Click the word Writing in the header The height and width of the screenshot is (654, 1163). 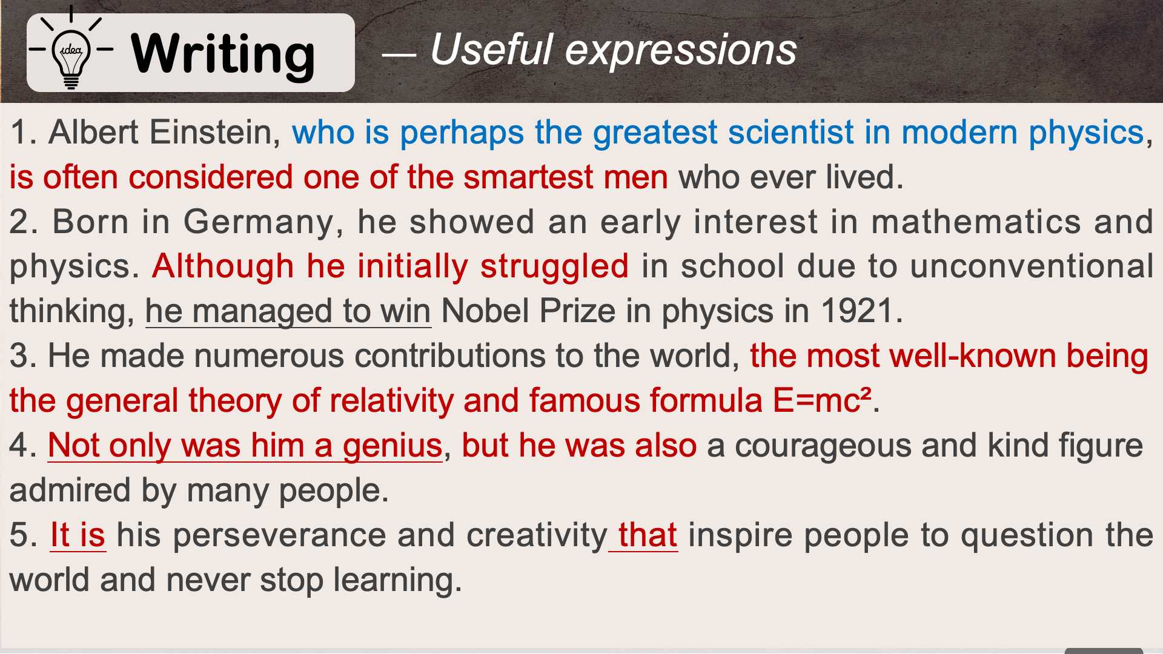click(x=223, y=54)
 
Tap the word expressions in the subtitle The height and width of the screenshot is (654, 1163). click(x=680, y=50)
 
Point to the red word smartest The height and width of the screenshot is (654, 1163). click(x=528, y=177)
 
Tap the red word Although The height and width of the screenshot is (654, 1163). click(x=223, y=267)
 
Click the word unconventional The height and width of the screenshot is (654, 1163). click(x=1032, y=266)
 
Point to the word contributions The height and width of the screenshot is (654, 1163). click(x=450, y=356)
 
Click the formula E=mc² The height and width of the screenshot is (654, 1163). click(x=822, y=400)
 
